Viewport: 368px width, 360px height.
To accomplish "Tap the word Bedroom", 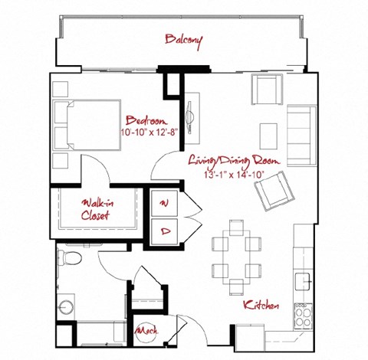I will point(146,121).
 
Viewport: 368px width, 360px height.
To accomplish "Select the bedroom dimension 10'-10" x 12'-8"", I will point(149,133).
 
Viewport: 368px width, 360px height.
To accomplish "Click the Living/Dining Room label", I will point(235,162).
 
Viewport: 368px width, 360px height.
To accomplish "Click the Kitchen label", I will point(261,306).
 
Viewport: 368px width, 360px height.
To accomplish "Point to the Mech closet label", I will point(145,331).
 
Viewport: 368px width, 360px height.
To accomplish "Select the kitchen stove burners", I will point(303,313).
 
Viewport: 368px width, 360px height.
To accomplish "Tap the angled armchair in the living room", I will point(273,190).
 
